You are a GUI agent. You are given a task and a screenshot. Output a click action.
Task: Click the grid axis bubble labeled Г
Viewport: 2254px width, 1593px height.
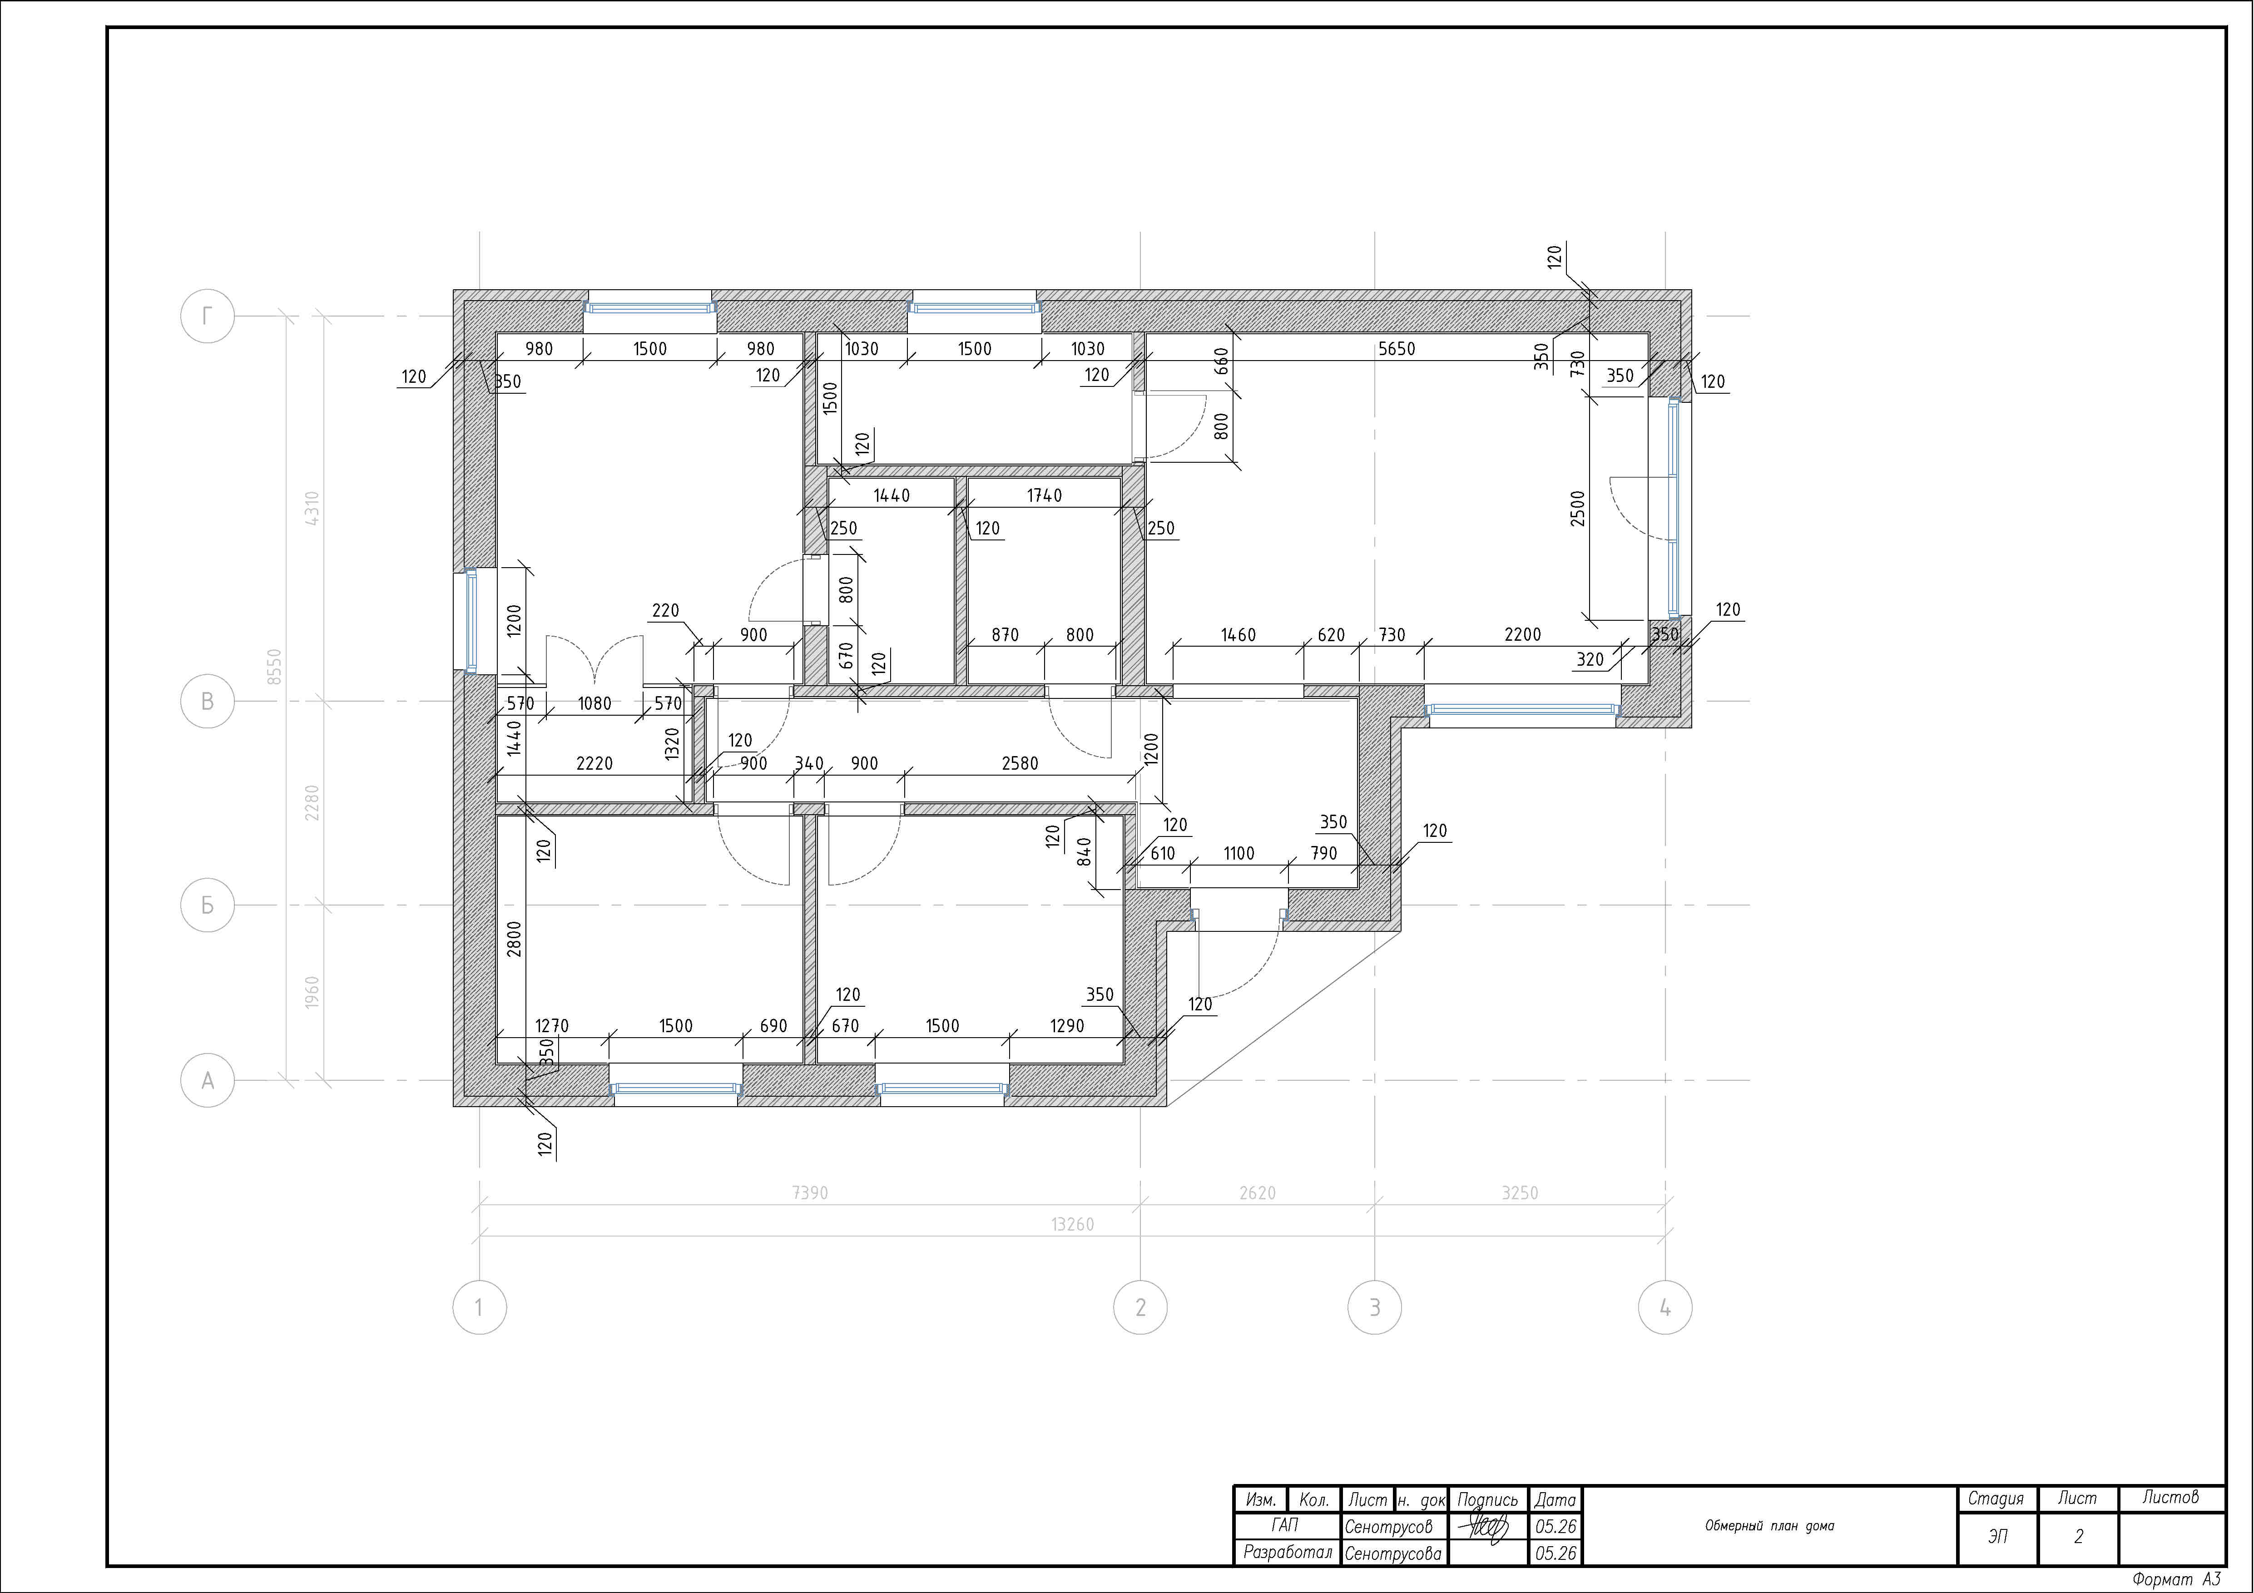207,316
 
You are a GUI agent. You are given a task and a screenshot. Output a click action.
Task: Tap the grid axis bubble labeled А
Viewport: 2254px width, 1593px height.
207,1081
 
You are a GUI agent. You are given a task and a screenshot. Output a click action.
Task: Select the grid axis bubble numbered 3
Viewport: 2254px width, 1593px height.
1374,1307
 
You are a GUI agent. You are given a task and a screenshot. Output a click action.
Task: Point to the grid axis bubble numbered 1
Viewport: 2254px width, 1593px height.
479,1307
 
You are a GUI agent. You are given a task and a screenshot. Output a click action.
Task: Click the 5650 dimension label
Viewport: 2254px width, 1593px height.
1396,348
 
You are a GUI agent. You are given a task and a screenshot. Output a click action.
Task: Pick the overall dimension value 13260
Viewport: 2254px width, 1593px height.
1072,1224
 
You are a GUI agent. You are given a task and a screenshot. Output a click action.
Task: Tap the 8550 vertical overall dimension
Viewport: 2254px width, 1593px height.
275,668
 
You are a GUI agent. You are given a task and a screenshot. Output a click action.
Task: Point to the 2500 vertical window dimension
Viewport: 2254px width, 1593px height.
1578,509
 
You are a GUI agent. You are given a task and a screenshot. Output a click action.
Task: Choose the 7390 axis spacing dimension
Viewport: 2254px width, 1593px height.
810,1192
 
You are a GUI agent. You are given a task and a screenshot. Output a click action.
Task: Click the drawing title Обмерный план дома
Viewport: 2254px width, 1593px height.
1769,1525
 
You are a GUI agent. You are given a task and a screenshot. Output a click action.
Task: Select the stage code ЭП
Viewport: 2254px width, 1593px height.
1998,1536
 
